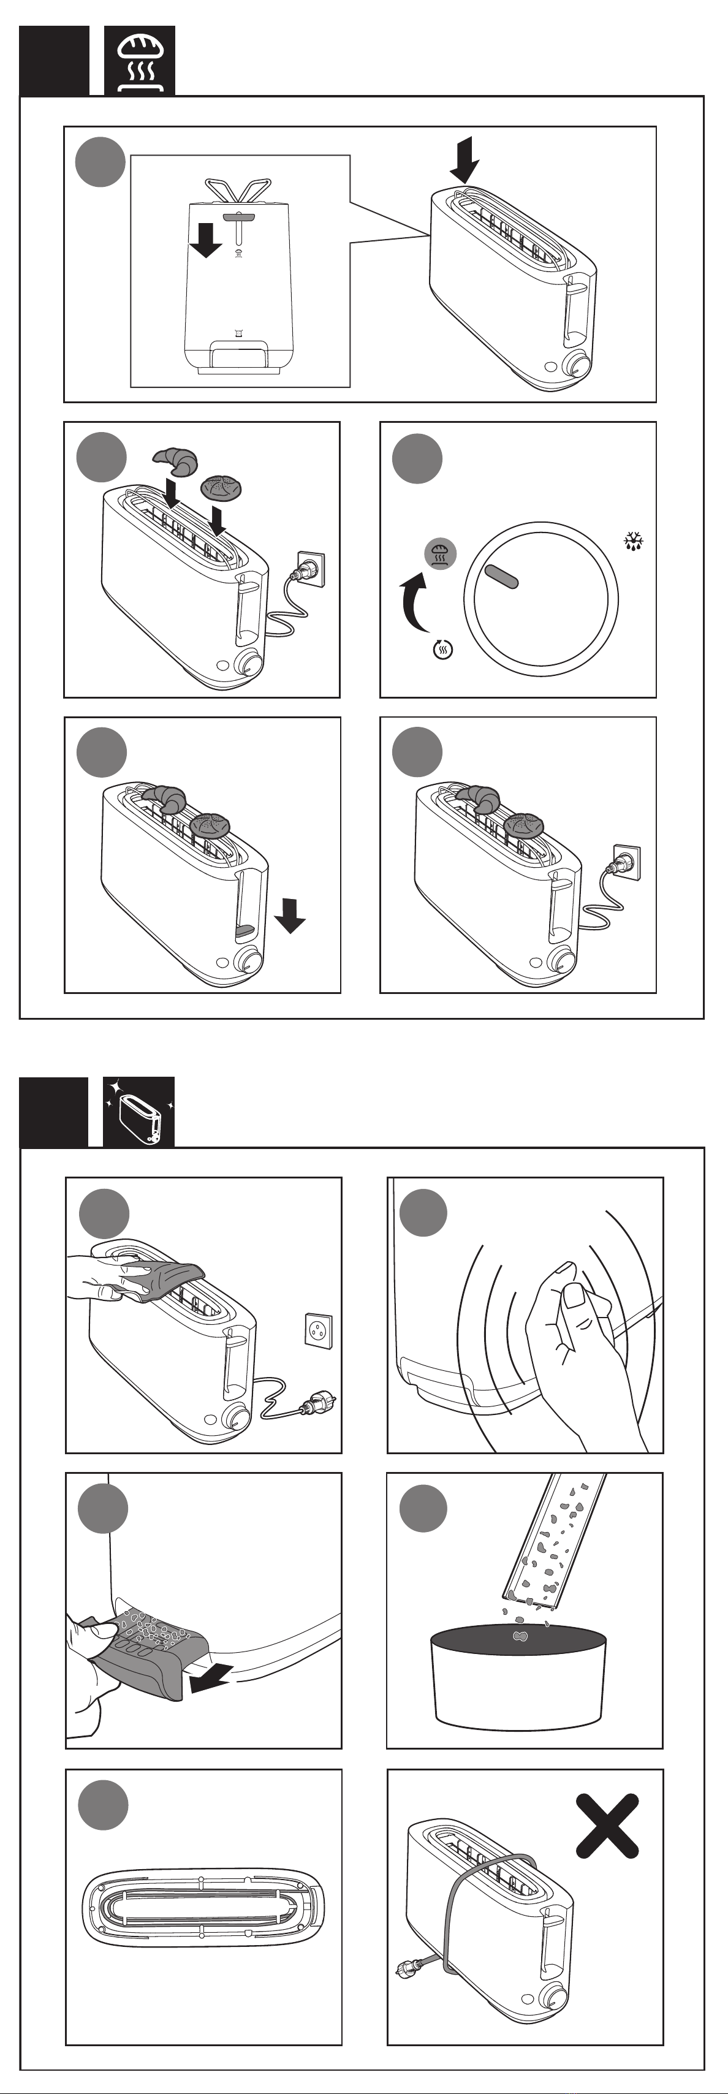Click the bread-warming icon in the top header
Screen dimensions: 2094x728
tap(140, 61)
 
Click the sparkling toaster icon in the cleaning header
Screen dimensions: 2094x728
tap(139, 1112)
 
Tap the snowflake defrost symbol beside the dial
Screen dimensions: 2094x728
tap(634, 541)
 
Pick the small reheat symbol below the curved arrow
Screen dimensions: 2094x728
tap(443, 649)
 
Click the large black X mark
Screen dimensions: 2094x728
tap(607, 1827)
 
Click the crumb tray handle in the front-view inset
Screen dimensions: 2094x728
tap(239, 354)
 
